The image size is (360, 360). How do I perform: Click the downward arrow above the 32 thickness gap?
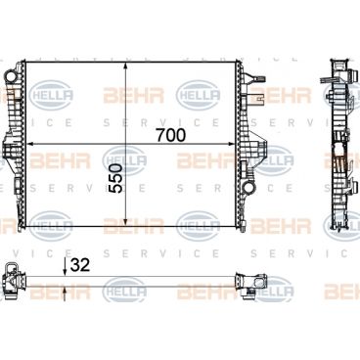[65, 267]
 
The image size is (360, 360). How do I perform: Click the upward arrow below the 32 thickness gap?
[65, 291]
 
